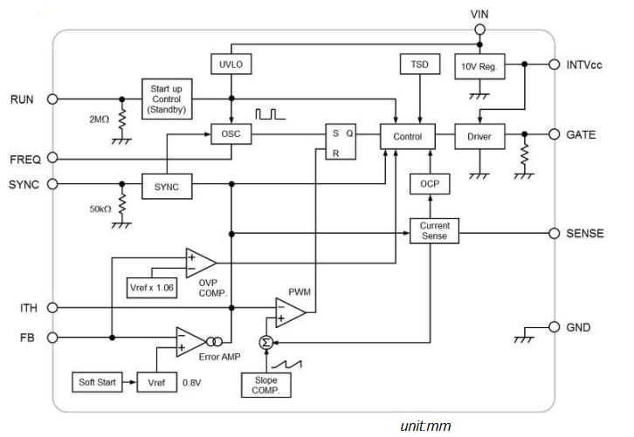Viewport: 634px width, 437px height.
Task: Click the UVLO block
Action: point(230,65)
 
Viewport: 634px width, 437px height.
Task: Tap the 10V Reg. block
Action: point(480,65)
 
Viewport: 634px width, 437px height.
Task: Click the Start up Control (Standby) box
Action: point(166,99)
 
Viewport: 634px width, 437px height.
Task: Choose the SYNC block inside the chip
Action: point(166,187)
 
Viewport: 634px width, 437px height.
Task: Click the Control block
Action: point(407,136)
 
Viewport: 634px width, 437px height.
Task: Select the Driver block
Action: point(480,136)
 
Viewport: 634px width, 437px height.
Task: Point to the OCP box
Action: point(429,184)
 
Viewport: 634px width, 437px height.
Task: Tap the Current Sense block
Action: point(434,231)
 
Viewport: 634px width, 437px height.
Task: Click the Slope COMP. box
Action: point(266,386)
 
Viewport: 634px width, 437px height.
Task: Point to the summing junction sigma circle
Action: point(266,343)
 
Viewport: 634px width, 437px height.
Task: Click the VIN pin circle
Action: point(479,30)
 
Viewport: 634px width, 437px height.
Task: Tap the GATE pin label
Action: point(581,135)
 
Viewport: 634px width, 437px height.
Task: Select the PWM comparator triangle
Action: point(288,311)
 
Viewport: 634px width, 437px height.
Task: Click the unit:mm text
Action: point(425,426)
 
